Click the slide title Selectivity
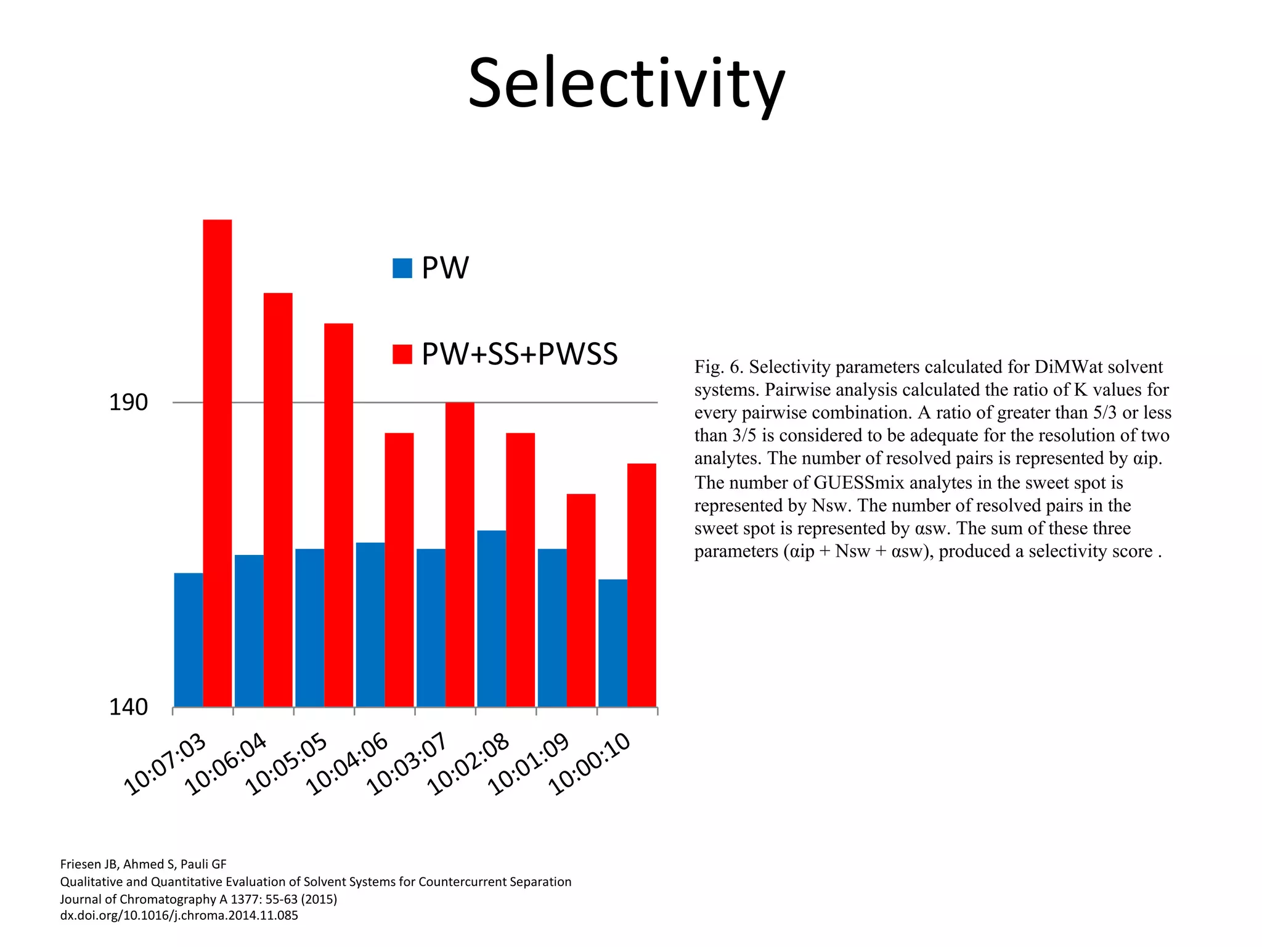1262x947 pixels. pos(626,83)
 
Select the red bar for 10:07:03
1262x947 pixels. pos(218,462)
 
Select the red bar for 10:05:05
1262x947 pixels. pos(338,515)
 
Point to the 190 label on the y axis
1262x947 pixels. pos(128,403)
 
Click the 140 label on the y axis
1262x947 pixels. pos(128,707)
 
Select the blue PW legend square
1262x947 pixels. pos(402,268)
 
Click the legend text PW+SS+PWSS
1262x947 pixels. pos(519,354)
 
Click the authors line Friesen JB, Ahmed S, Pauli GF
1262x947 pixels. pos(143,864)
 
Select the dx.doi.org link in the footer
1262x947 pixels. pos(179,916)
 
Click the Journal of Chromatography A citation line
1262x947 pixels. pos(198,899)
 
